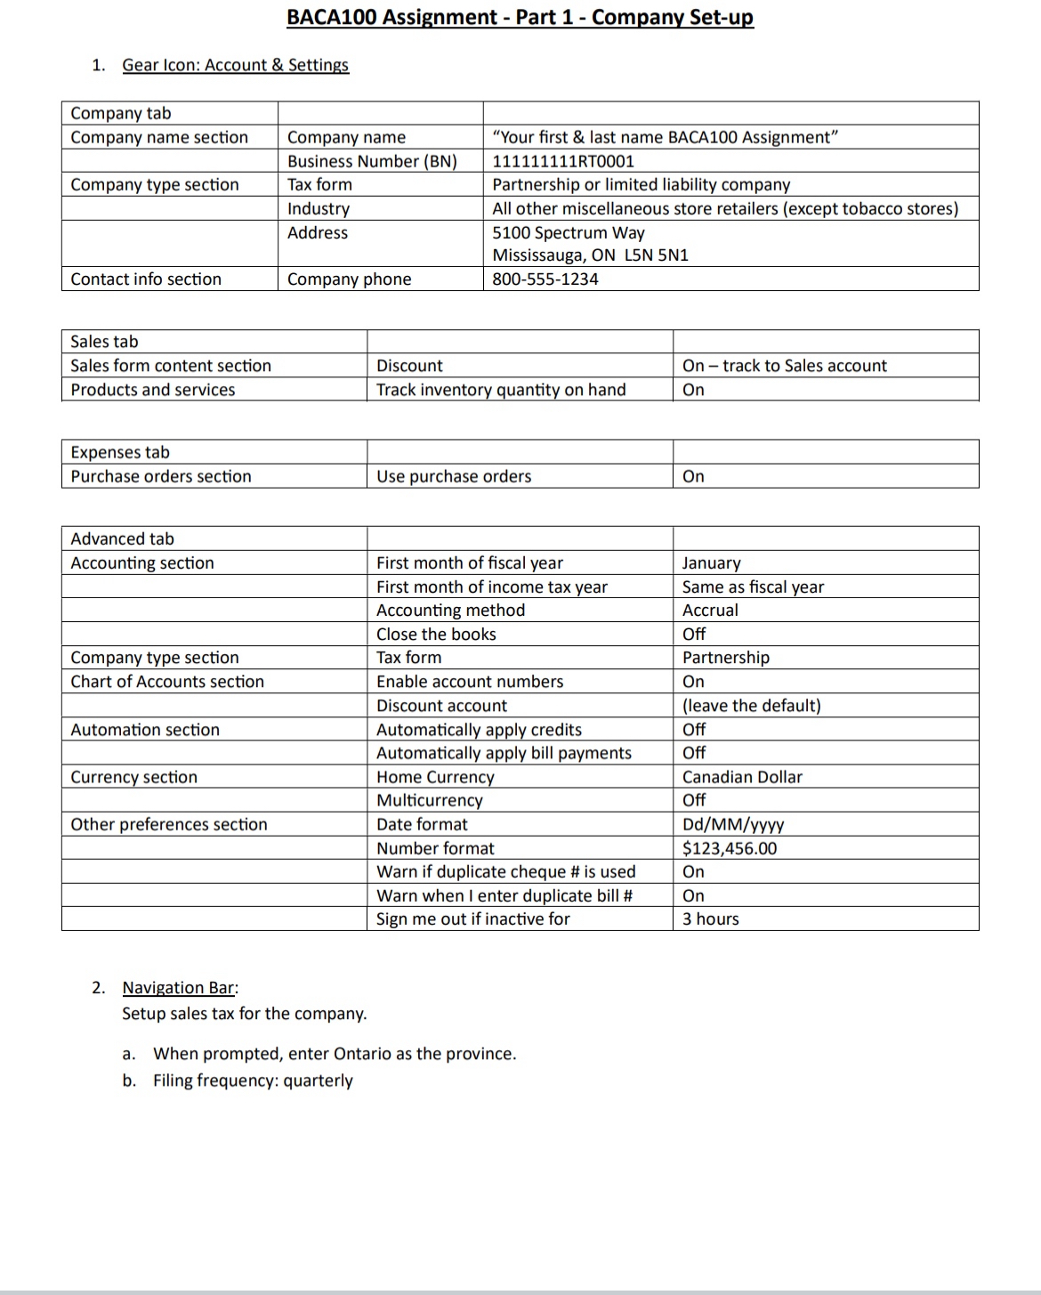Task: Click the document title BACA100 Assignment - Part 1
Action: coord(520,17)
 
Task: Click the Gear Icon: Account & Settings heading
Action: coord(235,65)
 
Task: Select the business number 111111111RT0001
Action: coord(563,161)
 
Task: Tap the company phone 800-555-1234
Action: coord(545,279)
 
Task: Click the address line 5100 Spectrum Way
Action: coord(569,232)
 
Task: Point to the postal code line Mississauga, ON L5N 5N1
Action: coord(590,255)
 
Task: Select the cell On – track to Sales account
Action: coord(784,366)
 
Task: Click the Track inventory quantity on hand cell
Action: coord(501,390)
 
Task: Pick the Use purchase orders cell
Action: coord(454,476)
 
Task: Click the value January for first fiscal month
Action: coord(711,563)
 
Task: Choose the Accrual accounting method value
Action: coord(710,611)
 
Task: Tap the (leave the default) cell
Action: coord(751,706)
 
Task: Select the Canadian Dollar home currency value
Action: coord(742,777)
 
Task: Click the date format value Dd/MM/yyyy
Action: coord(733,824)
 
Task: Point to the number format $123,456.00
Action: coord(730,848)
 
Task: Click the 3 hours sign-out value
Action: coord(710,919)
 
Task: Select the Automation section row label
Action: coord(145,730)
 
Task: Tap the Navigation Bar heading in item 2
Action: coord(179,987)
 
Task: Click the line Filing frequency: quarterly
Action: coord(253,1081)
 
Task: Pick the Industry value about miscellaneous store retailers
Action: coord(725,208)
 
